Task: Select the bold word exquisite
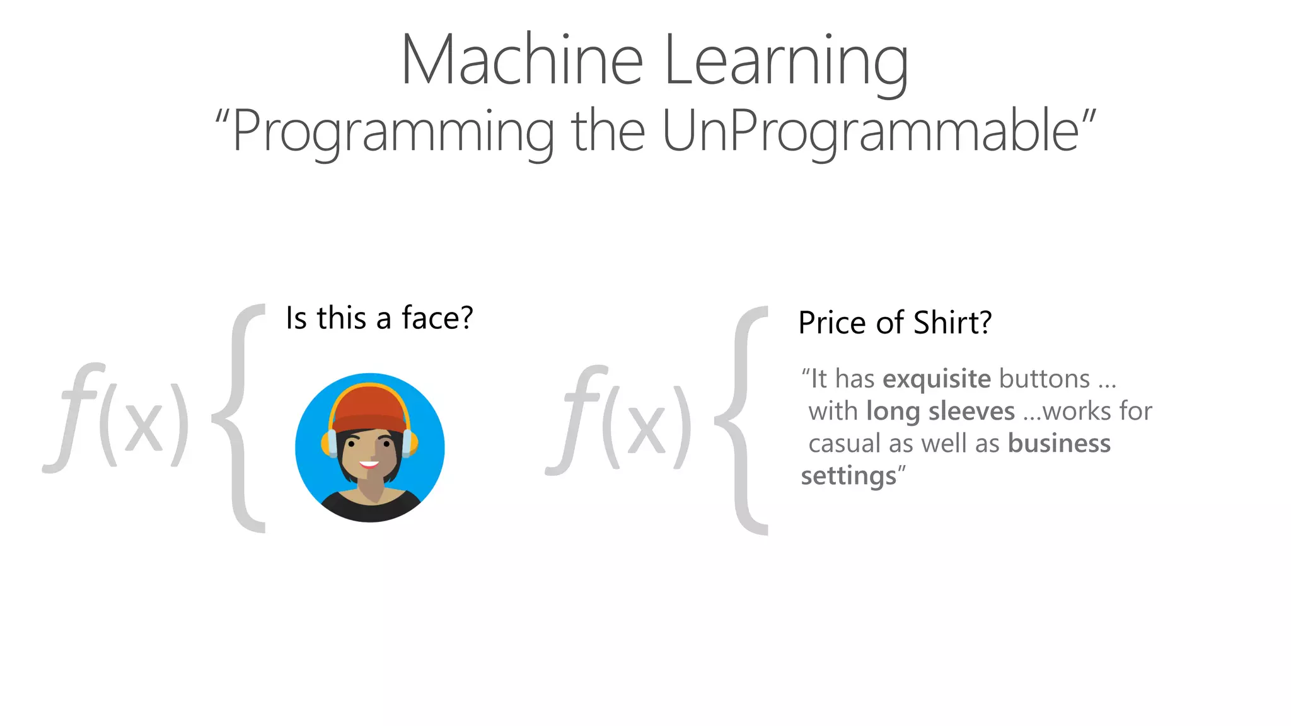coord(937,379)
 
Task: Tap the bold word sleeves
coord(971,412)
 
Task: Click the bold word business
coord(1059,444)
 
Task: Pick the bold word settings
coord(848,476)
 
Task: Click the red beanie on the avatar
coord(369,407)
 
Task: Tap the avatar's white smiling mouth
coord(369,465)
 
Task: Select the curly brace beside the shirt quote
coord(744,420)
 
